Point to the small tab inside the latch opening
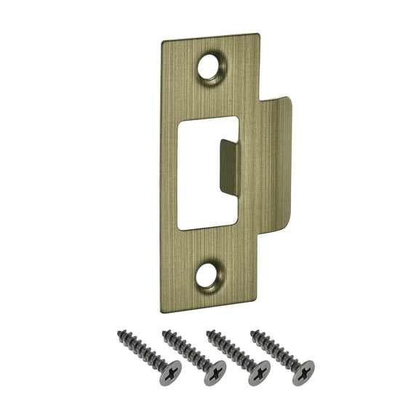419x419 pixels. point(229,167)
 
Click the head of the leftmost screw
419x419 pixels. point(169,371)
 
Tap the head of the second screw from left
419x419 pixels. point(215,372)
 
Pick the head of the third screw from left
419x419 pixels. point(259,372)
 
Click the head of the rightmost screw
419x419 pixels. point(303,372)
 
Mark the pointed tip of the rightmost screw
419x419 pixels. point(253,332)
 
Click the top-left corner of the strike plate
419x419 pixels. point(163,42)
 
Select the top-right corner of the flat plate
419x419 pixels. point(258,35)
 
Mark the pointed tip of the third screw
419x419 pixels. point(209,332)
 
